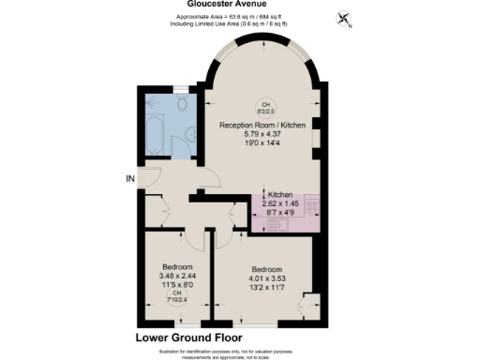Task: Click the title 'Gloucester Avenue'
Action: pyautogui.click(x=241, y=4)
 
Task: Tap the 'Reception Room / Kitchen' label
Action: pyautogui.click(x=265, y=125)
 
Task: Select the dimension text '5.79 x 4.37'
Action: pyautogui.click(x=265, y=135)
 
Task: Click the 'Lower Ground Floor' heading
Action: pyautogui.click(x=188, y=336)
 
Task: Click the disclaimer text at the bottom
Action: pyautogui.click(x=240, y=351)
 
